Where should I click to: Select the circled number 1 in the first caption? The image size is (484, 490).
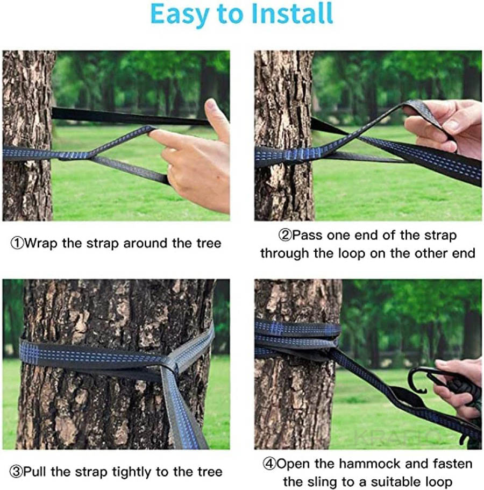click(x=17, y=243)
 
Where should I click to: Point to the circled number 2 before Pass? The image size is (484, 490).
click(x=284, y=235)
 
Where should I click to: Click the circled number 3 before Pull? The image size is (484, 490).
click(x=17, y=472)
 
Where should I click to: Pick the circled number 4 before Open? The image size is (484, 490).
click(x=269, y=464)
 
